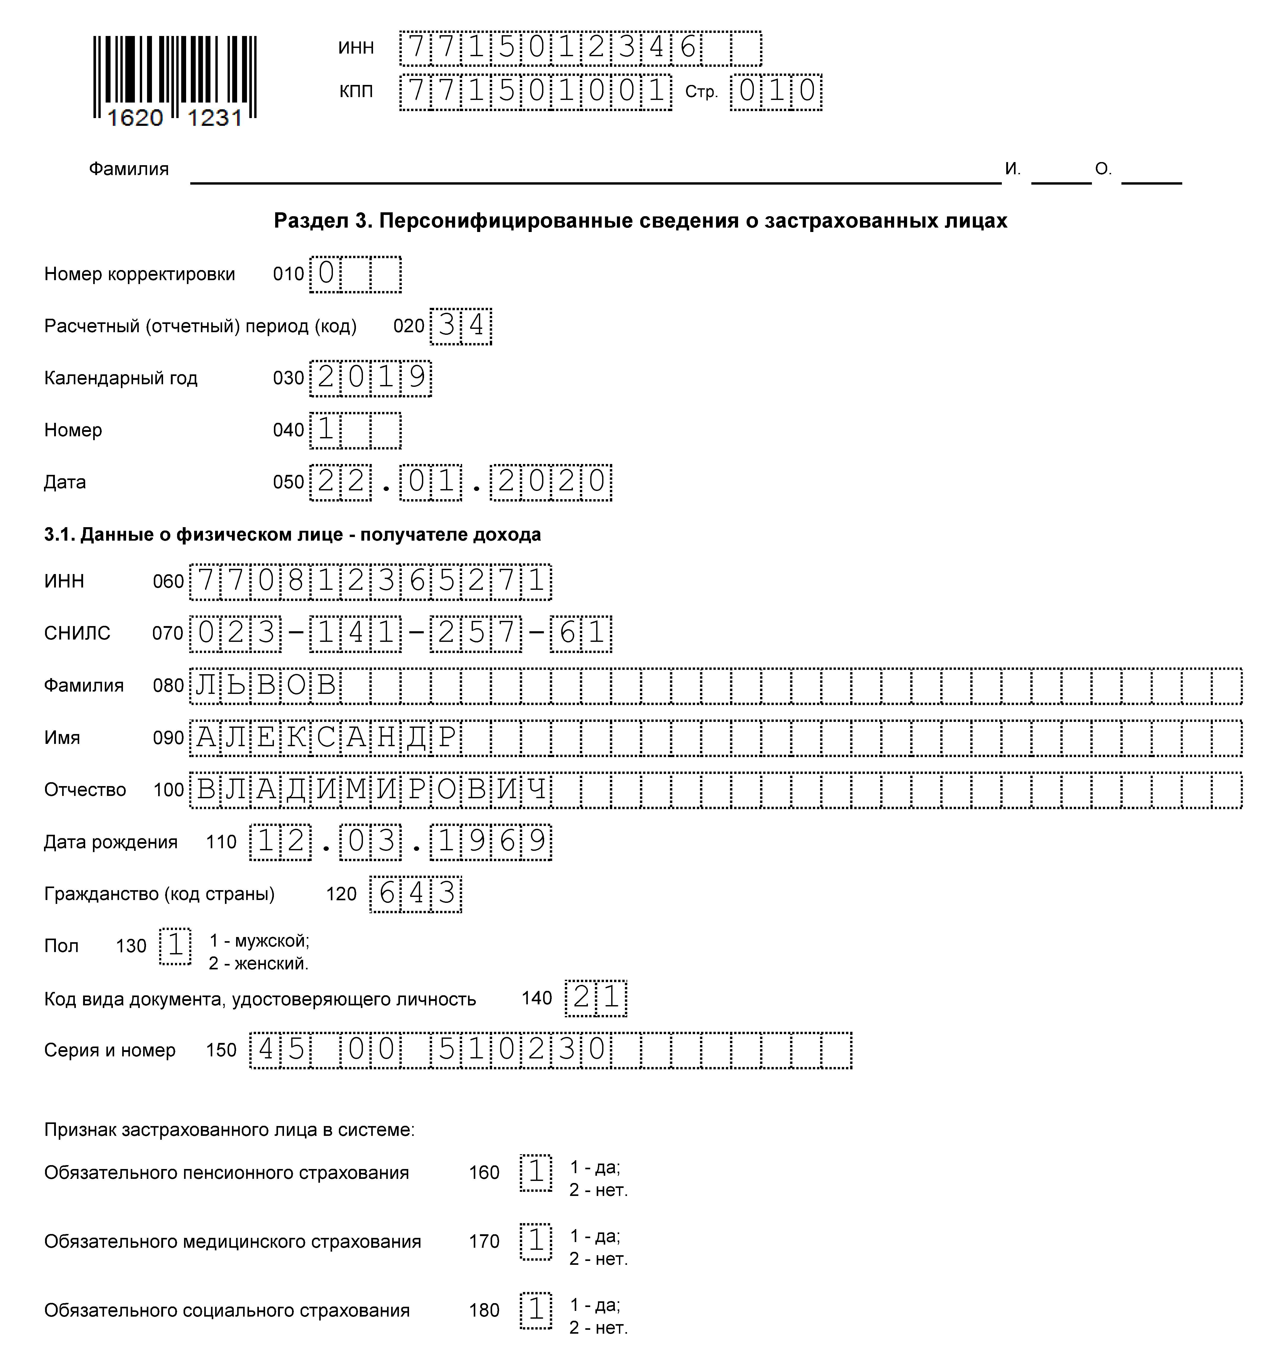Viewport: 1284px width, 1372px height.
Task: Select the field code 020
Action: pos(408,326)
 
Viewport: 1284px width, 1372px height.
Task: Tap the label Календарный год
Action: pos(121,378)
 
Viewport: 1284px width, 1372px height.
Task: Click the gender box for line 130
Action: pos(175,946)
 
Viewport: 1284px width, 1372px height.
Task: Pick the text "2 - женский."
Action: pos(259,963)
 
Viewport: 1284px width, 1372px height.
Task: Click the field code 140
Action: pos(537,998)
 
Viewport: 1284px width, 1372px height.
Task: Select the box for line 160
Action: pos(536,1173)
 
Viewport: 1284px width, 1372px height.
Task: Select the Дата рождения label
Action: pos(110,842)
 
